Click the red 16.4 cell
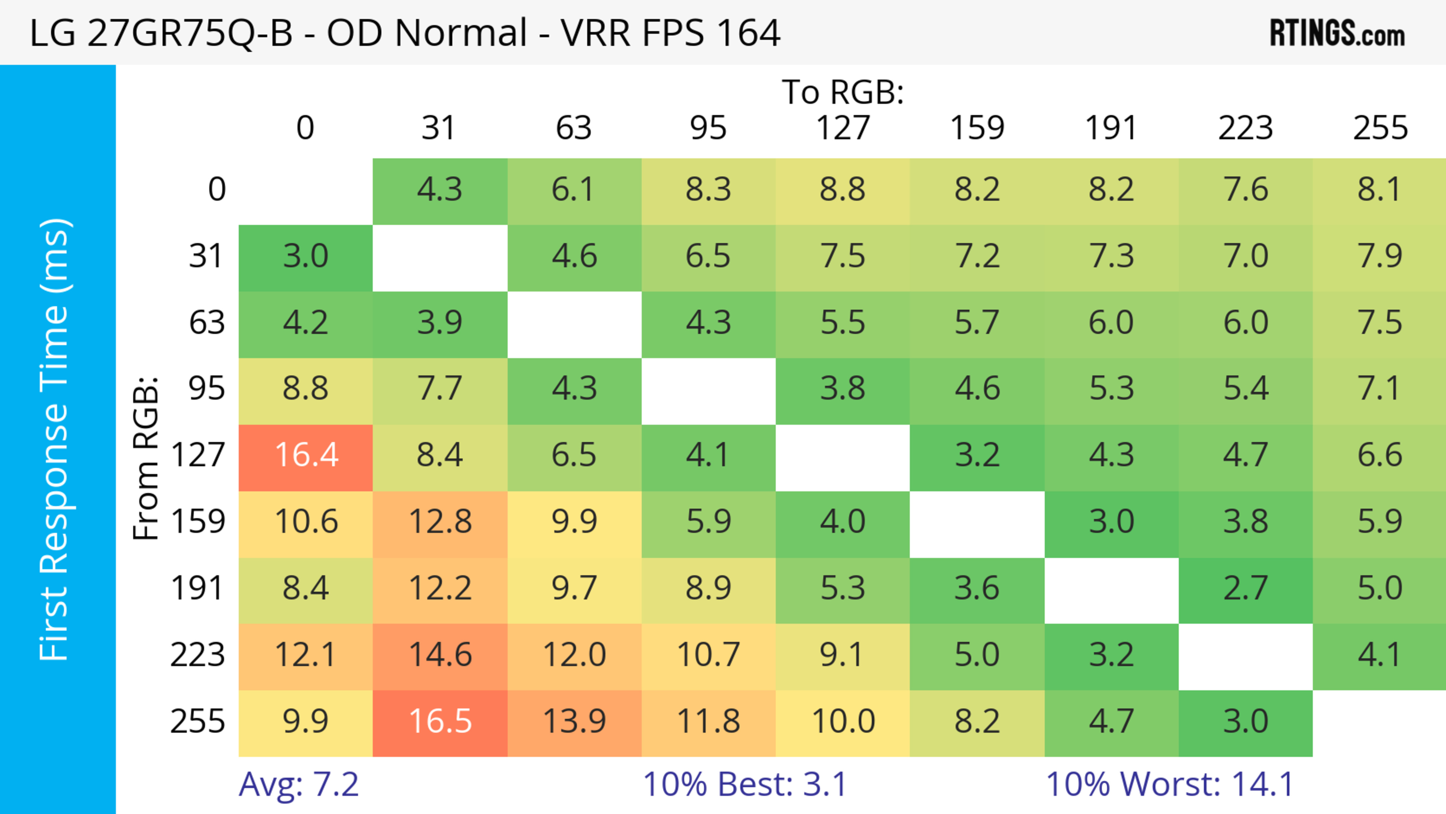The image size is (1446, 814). pos(306,455)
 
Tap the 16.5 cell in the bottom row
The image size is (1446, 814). pos(440,721)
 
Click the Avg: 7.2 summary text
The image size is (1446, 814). pos(299,784)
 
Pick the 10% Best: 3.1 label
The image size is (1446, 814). pos(744,784)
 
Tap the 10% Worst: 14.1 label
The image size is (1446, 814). pos(1170,784)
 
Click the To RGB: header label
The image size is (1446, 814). pos(843,92)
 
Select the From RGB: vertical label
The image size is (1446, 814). pos(146,458)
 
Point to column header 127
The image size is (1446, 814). pos(843,128)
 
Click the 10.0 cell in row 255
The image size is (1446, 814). pos(843,721)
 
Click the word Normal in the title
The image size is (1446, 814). pos(460,32)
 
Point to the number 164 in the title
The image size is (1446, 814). pos(748,32)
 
